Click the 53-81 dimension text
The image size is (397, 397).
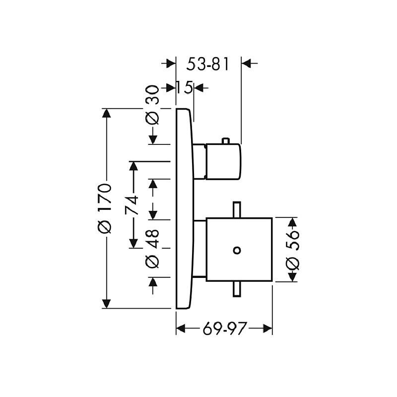pyautogui.click(x=207, y=64)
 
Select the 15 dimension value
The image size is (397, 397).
pyautogui.click(x=184, y=87)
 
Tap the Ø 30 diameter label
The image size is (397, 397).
pyautogui.click(x=152, y=105)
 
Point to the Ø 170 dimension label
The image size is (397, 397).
pyautogui.click(x=104, y=208)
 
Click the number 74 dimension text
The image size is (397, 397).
pyautogui.click(x=132, y=205)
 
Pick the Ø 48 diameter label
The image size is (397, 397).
pyautogui.click(x=152, y=249)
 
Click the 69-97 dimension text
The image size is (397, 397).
pyautogui.click(x=224, y=329)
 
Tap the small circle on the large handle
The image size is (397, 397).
pyautogui.click(x=237, y=251)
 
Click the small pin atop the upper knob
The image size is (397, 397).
pyautogui.click(x=226, y=141)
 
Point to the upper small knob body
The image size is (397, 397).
pyautogui.click(x=223, y=162)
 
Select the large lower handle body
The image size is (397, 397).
pyautogui.click(x=239, y=250)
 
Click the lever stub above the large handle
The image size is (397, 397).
pyautogui.click(x=237, y=209)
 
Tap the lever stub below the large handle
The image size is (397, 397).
pyautogui.click(x=237, y=289)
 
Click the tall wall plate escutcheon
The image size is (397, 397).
pyautogui.click(x=185, y=208)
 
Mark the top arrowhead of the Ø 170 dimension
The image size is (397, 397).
pyautogui.click(x=106, y=113)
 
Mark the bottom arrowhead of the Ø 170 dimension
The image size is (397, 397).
pyautogui.click(x=106, y=304)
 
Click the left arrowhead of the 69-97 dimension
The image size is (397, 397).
pyautogui.click(x=181, y=329)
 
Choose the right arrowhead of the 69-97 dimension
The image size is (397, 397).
pyautogui.click(x=267, y=329)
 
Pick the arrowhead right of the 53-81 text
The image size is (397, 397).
pyautogui.click(x=246, y=64)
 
